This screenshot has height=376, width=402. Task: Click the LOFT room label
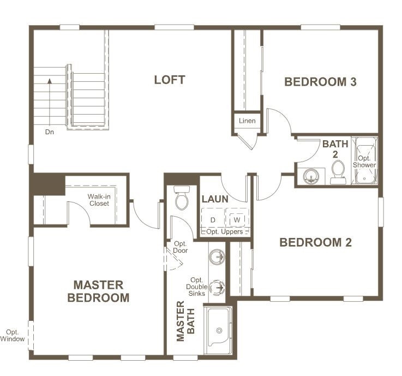[170, 80]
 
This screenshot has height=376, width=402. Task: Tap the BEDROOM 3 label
[321, 82]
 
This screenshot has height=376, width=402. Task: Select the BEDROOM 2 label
[316, 242]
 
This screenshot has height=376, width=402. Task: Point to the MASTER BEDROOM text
[98, 291]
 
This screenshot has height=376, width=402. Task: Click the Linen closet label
[247, 121]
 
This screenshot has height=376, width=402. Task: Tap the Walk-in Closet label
[99, 200]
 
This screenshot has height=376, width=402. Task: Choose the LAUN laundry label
[215, 199]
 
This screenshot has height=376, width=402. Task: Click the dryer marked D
[213, 220]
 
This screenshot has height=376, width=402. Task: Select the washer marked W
[237, 219]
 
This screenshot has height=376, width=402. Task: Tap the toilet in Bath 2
[338, 172]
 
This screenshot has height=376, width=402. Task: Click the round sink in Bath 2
[311, 176]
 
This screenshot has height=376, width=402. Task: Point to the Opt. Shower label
[364, 162]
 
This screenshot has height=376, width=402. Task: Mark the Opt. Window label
[13, 336]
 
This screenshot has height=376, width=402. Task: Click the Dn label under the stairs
[50, 132]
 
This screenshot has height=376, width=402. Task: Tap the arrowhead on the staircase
[50, 81]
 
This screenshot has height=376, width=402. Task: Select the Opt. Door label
[180, 247]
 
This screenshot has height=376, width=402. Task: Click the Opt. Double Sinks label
[197, 287]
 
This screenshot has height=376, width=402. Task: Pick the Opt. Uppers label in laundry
[225, 231]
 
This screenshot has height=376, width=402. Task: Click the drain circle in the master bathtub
[219, 330]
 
